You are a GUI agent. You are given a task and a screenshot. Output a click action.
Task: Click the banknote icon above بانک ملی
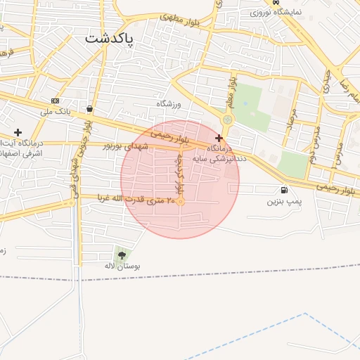[x=56, y=101]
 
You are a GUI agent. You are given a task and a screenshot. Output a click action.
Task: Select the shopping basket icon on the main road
[x=91, y=109]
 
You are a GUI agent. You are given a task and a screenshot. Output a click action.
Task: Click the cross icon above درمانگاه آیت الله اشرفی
[x=18, y=132]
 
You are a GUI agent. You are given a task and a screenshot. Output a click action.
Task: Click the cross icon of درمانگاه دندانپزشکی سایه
[x=219, y=138]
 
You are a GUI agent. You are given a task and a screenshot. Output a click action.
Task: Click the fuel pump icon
[x=283, y=190]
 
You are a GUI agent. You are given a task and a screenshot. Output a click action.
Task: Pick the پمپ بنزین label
[x=283, y=202]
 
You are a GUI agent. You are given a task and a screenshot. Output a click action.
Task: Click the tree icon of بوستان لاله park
[x=122, y=255]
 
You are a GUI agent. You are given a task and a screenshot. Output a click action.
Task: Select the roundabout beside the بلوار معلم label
[x=227, y=120]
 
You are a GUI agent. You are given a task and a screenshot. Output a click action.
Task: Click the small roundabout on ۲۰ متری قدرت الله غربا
[x=181, y=202]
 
